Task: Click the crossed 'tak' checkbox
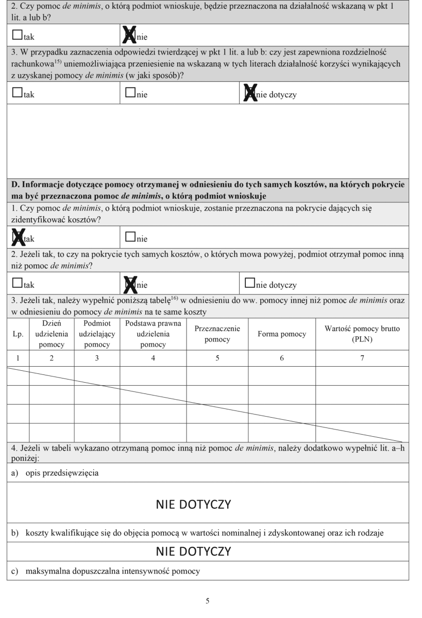pyautogui.click(x=18, y=238)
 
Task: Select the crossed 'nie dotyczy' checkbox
pyautogui.click(x=250, y=94)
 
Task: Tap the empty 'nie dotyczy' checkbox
pyautogui.click(x=250, y=284)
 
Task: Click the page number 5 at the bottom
pyautogui.click(x=208, y=600)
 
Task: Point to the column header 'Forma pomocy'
pyautogui.click(x=282, y=334)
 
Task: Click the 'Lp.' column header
pyautogui.click(x=18, y=334)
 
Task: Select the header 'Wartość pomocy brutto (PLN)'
pyautogui.click(x=362, y=334)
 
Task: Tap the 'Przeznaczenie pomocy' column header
pyautogui.click(x=217, y=334)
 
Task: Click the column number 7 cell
pyautogui.click(x=362, y=357)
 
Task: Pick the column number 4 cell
pyautogui.click(x=153, y=357)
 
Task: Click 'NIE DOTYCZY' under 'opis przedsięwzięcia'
pyautogui.click(x=193, y=504)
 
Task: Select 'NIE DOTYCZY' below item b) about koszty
pyautogui.click(x=193, y=552)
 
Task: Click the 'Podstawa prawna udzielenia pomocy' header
pyautogui.click(x=153, y=334)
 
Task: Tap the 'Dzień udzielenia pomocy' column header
pyautogui.click(x=52, y=334)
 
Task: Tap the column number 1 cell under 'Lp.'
pyautogui.click(x=18, y=357)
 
